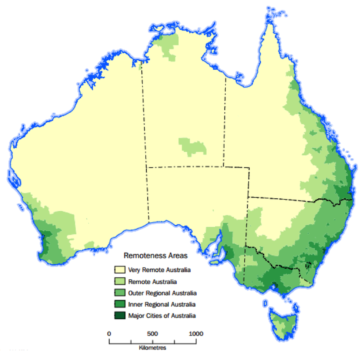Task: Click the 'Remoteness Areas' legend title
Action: [155, 256]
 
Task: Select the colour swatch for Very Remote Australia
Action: [120, 270]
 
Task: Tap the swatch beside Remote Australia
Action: [120, 281]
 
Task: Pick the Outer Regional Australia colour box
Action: [120, 293]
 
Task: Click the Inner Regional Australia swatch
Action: [120, 304]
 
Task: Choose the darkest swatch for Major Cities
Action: [120, 316]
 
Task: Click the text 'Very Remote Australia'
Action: [159, 270]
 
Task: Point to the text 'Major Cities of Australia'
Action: [162, 316]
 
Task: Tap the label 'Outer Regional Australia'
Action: [162, 293]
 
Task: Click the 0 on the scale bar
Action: [109, 334]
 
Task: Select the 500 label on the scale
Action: [152, 334]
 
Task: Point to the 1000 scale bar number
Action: [196, 334]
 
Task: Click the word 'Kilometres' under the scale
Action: [152, 348]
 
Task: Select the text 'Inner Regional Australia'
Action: [162, 305]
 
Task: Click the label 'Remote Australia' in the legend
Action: [152, 282]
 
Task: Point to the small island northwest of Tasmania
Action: [265, 303]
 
